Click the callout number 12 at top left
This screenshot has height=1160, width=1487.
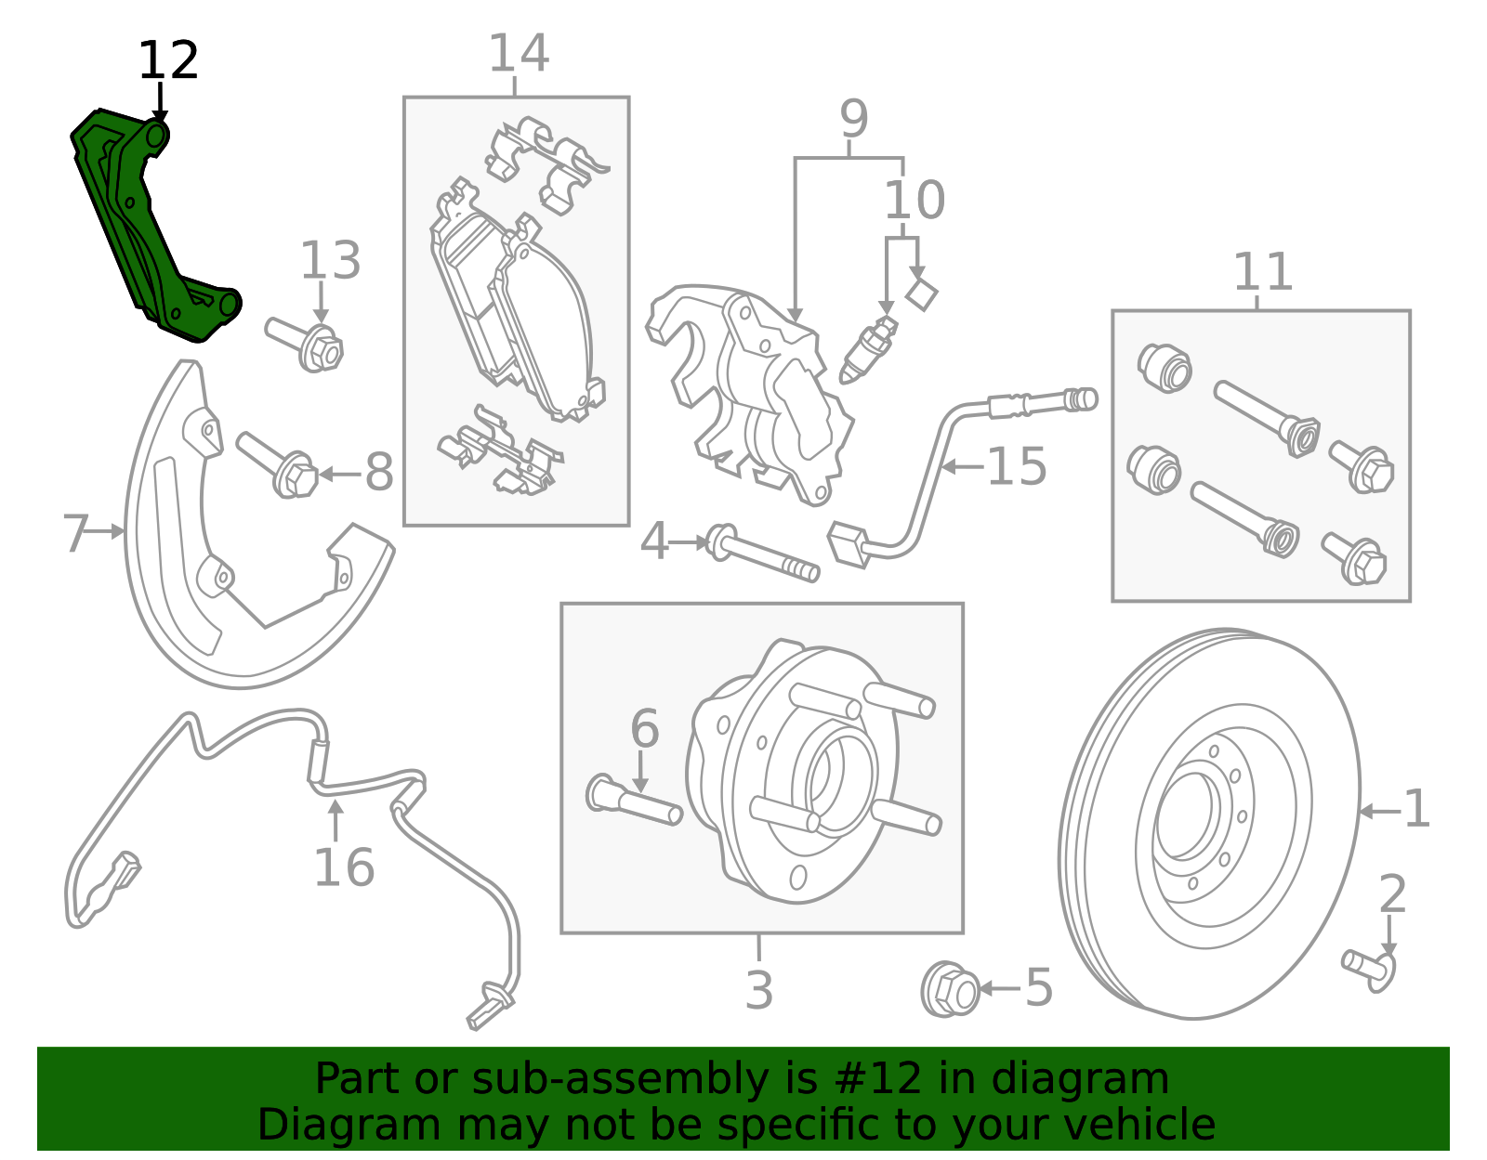tap(168, 61)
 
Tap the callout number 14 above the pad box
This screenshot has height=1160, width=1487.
tap(518, 53)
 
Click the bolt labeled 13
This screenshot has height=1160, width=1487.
tap(307, 344)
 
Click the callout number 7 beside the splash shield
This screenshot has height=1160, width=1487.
tap(76, 534)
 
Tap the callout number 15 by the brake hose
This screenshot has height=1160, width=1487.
tap(1016, 466)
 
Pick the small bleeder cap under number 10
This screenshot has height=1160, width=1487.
tap(922, 294)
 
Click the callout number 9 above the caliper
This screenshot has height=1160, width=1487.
tap(853, 119)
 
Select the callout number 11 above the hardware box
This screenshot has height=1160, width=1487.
tap(1262, 272)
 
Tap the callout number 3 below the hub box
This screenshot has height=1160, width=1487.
tap(758, 990)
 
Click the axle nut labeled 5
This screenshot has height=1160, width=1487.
tap(950, 990)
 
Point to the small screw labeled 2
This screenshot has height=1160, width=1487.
tap(1369, 967)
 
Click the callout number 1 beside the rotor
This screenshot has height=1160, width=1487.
tap(1415, 809)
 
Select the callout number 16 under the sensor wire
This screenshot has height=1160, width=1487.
tap(344, 867)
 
